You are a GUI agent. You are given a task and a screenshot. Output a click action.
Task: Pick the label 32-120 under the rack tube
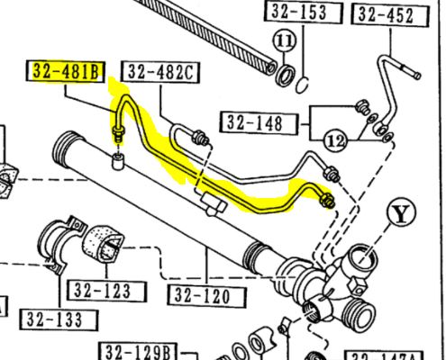pos(203,296)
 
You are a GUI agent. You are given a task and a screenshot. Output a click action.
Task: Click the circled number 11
pos(284,41)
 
